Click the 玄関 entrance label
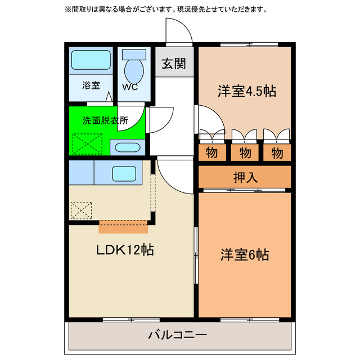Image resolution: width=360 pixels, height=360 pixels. click(x=174, y=64)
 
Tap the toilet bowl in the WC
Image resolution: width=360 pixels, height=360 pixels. click(x=134, y=71)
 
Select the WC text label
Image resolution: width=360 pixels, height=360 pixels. click(x=130, y=87)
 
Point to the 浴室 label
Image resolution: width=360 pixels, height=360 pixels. click(x=91, y=85)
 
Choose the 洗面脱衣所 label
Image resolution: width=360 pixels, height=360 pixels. click(x=105, y=120)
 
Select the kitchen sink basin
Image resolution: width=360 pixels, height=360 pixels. click(x=124, y=173)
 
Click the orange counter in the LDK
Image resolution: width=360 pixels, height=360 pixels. click(x=123, y=227)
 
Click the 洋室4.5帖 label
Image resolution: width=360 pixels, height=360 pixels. click(x=246, y=91)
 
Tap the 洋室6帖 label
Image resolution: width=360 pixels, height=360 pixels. click(x=244, y=255)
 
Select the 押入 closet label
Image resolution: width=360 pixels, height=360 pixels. click(x=245, y=177)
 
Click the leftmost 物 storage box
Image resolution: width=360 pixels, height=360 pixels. click(x=212, y=152)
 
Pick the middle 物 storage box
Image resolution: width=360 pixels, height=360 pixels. click(x=245, y=152)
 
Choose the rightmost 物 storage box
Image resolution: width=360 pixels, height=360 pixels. click(x=277, y=152)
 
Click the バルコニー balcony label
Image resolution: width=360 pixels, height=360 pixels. click(x=178, y=335)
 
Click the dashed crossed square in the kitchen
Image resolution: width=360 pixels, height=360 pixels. click(x=80, y=210)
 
